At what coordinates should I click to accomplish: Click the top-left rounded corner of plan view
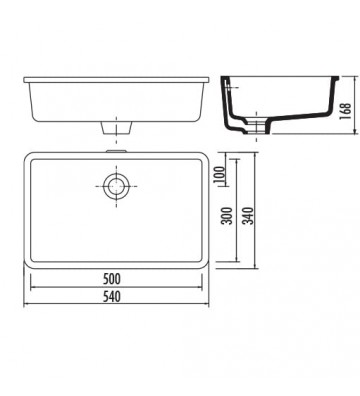pyautogui.click(x=29, y=159)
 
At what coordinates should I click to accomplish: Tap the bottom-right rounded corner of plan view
pyautogui.click(x=207, y=264)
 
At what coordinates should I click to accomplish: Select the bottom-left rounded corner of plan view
pyautogui.click(x=29, y=264)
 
